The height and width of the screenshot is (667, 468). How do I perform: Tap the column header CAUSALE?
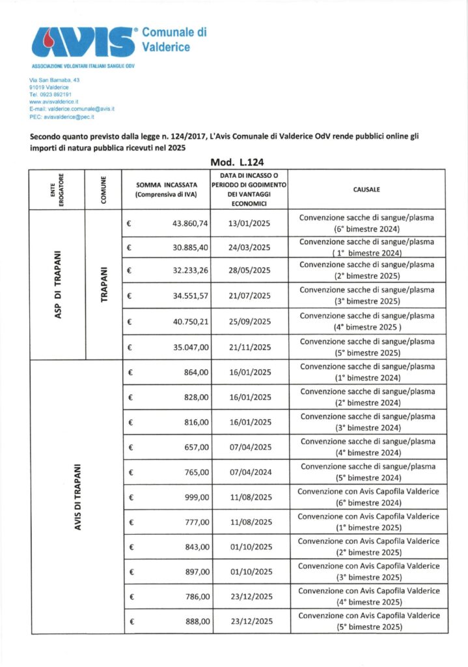(367, 190)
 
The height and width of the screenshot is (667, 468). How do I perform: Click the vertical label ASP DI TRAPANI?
(58, 283)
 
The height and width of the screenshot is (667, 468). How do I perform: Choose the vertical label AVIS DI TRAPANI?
(77, 497)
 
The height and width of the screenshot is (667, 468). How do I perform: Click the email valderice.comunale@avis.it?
(72, 110)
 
